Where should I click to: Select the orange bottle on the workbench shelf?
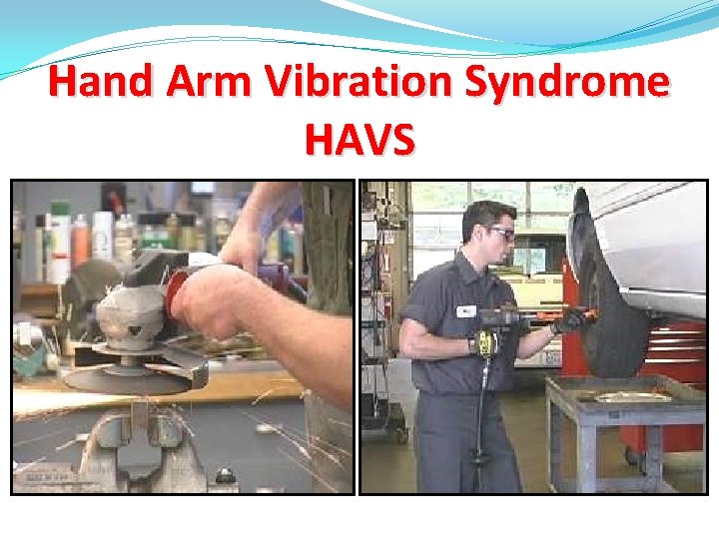click(82, 241)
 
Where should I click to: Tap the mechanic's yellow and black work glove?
click(484, 342)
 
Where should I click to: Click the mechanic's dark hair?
click(490, 214)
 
